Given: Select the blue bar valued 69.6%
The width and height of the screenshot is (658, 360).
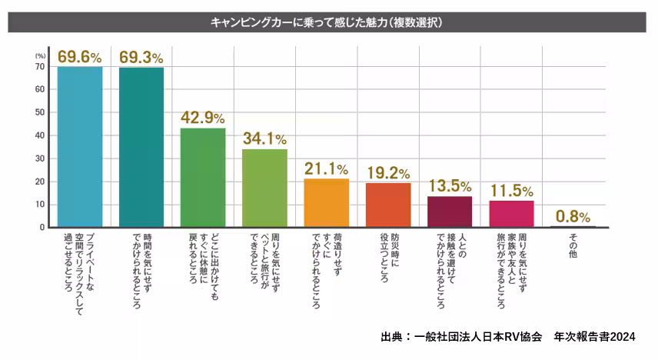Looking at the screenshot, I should point(80,147).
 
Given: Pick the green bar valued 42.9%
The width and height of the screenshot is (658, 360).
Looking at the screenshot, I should point(203,178).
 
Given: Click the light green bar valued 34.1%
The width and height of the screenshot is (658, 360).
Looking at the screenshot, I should point(264,188).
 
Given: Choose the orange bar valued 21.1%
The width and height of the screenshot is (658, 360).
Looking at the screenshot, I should point(326,203).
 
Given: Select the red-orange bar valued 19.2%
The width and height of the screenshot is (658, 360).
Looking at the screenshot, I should point(387,205).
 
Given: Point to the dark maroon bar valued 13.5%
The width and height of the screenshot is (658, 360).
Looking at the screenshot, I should point(449,212).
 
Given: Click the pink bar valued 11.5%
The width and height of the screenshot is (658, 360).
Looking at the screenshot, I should point(511,214).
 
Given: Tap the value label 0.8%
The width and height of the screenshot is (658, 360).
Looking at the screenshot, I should point(573,216).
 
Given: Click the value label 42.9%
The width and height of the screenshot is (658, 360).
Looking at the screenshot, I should point(203,118).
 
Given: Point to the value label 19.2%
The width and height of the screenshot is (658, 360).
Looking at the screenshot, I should point(387,173).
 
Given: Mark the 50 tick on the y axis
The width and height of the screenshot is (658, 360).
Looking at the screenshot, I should point(40,112).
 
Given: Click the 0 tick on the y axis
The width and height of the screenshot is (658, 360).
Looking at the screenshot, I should point(42,228).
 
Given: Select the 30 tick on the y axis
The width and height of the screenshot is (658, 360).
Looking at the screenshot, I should point(40,158).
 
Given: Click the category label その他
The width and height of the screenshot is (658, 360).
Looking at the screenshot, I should point(573,245).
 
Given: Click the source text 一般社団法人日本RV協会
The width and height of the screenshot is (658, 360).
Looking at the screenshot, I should point(477,337).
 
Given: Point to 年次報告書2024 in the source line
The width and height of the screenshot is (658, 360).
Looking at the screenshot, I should point(603,337).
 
